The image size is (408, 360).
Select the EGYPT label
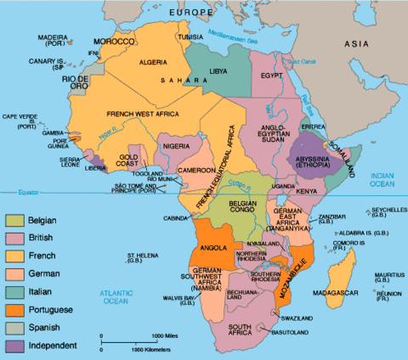[271, 76]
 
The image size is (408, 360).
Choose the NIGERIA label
[175, 146]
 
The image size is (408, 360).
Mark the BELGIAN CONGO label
[242, 208]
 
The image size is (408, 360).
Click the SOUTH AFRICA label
[248, 327]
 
